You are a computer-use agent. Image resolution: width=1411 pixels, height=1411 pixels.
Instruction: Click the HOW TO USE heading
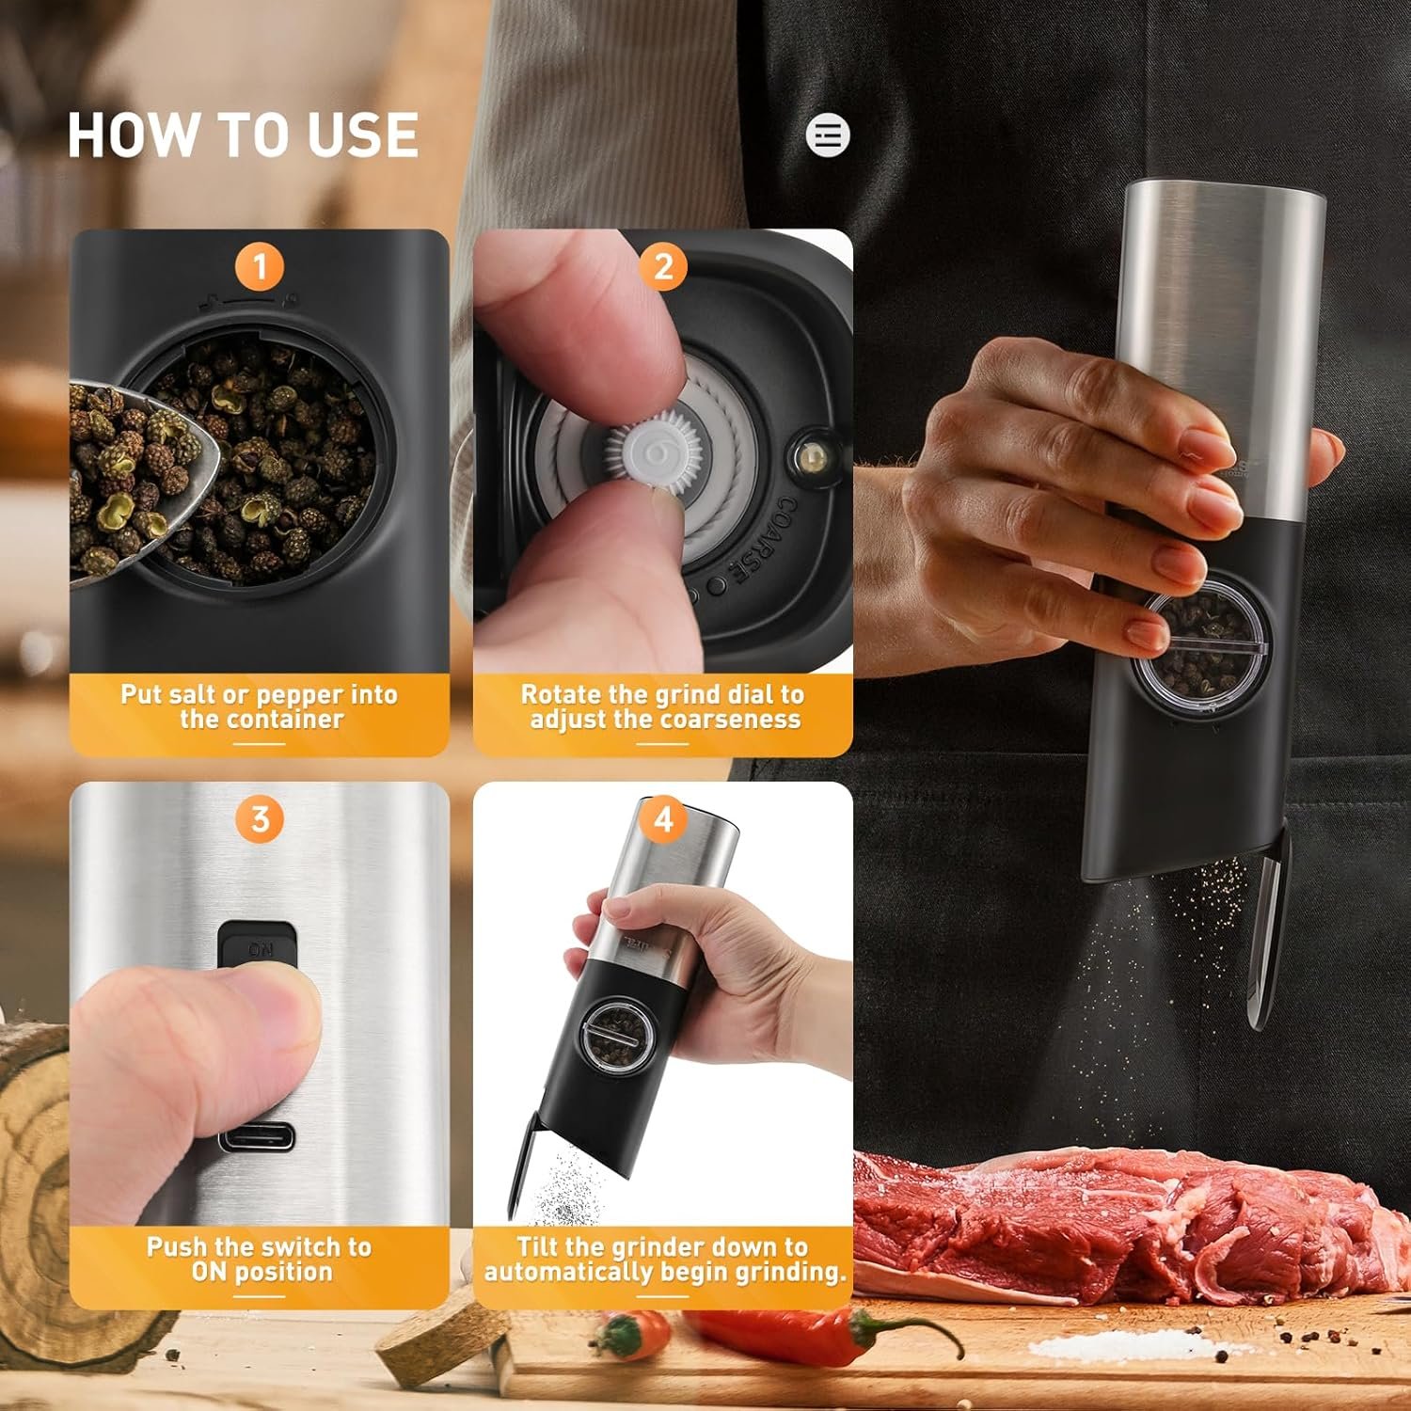pos(243,135)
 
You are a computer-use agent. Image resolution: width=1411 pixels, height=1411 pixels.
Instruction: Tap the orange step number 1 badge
pos(260,267)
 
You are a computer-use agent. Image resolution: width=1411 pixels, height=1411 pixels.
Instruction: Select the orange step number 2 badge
pos(663,267)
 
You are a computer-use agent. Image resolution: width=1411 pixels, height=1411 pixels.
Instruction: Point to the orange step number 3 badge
pos(260,819)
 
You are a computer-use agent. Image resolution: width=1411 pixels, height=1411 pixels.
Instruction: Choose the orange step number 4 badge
pos(663,819)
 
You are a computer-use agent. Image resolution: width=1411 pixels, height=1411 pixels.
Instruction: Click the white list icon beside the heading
pos(828,135)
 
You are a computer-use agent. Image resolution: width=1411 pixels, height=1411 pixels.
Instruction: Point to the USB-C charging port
pos(257,1138)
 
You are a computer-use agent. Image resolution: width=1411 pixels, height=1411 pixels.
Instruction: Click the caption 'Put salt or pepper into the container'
pos(260,706)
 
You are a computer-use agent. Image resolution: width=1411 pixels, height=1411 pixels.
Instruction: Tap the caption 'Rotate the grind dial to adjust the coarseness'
pos(663,706)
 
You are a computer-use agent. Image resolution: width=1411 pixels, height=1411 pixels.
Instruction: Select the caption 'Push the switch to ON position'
pos(260,1259)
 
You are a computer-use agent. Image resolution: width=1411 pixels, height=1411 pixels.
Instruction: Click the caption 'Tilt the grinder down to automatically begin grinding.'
pos(663,1259)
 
